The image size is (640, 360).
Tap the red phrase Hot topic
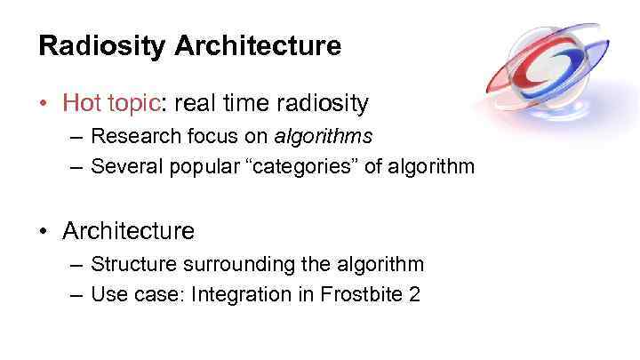tap(109, 104)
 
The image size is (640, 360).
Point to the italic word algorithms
tap(324, 138)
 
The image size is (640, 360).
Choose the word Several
tap(122, 166)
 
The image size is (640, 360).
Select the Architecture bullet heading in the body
tap(128, 232)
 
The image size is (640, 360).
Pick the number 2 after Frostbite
tap(414, 294)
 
